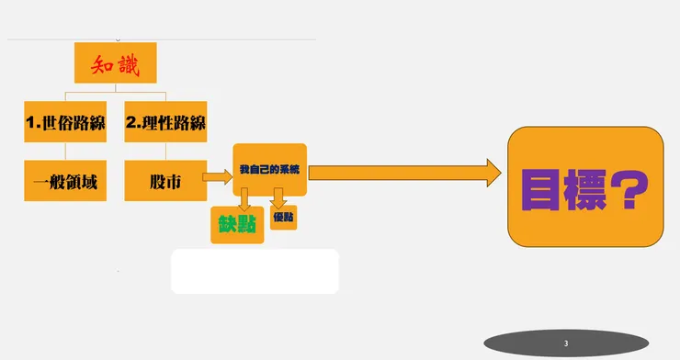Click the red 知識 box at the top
point(115,64)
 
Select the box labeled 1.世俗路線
point(64,123)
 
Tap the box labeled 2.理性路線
point(165,123)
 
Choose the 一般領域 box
point(64,181)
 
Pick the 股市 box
point(165,181)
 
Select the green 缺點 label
point(237,225)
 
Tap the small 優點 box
point(283,218)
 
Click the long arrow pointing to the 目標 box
point(404,171)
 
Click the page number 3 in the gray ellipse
point(566,343)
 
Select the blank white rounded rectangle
point(255,271)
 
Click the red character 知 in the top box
point(102,64)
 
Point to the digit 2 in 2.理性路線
point(131,123)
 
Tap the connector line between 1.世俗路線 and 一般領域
point(64,152)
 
